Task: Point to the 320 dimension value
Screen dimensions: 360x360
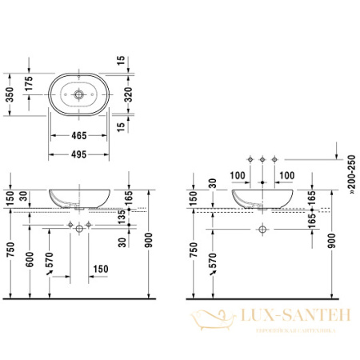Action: (140, 94)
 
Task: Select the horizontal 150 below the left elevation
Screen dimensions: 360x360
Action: (100, 269)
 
